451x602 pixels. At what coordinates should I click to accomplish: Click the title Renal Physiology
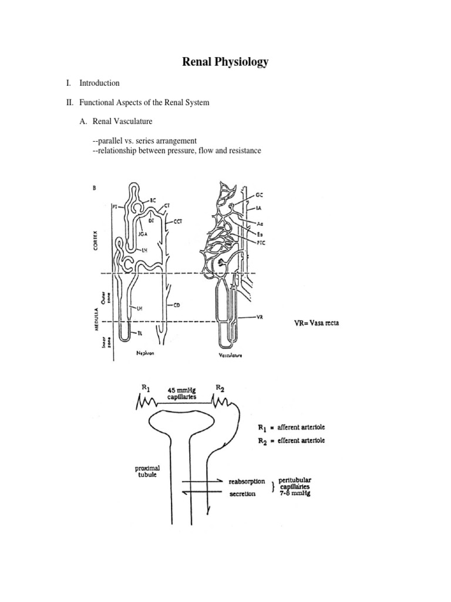pyautogui.click(x=225, y=62)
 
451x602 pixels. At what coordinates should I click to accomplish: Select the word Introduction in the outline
pyautogui.click(x=100, y=83)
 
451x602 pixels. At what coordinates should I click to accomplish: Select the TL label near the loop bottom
pyautogui.click(x=140, y=333)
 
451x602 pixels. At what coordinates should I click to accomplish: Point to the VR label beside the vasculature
pyautogui.click(x=260, y=317)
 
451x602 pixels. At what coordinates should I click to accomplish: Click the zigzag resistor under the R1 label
pyautogui.click(x=147, y=402)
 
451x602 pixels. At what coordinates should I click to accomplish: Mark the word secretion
pyautogui.click(x=242, y=494)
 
